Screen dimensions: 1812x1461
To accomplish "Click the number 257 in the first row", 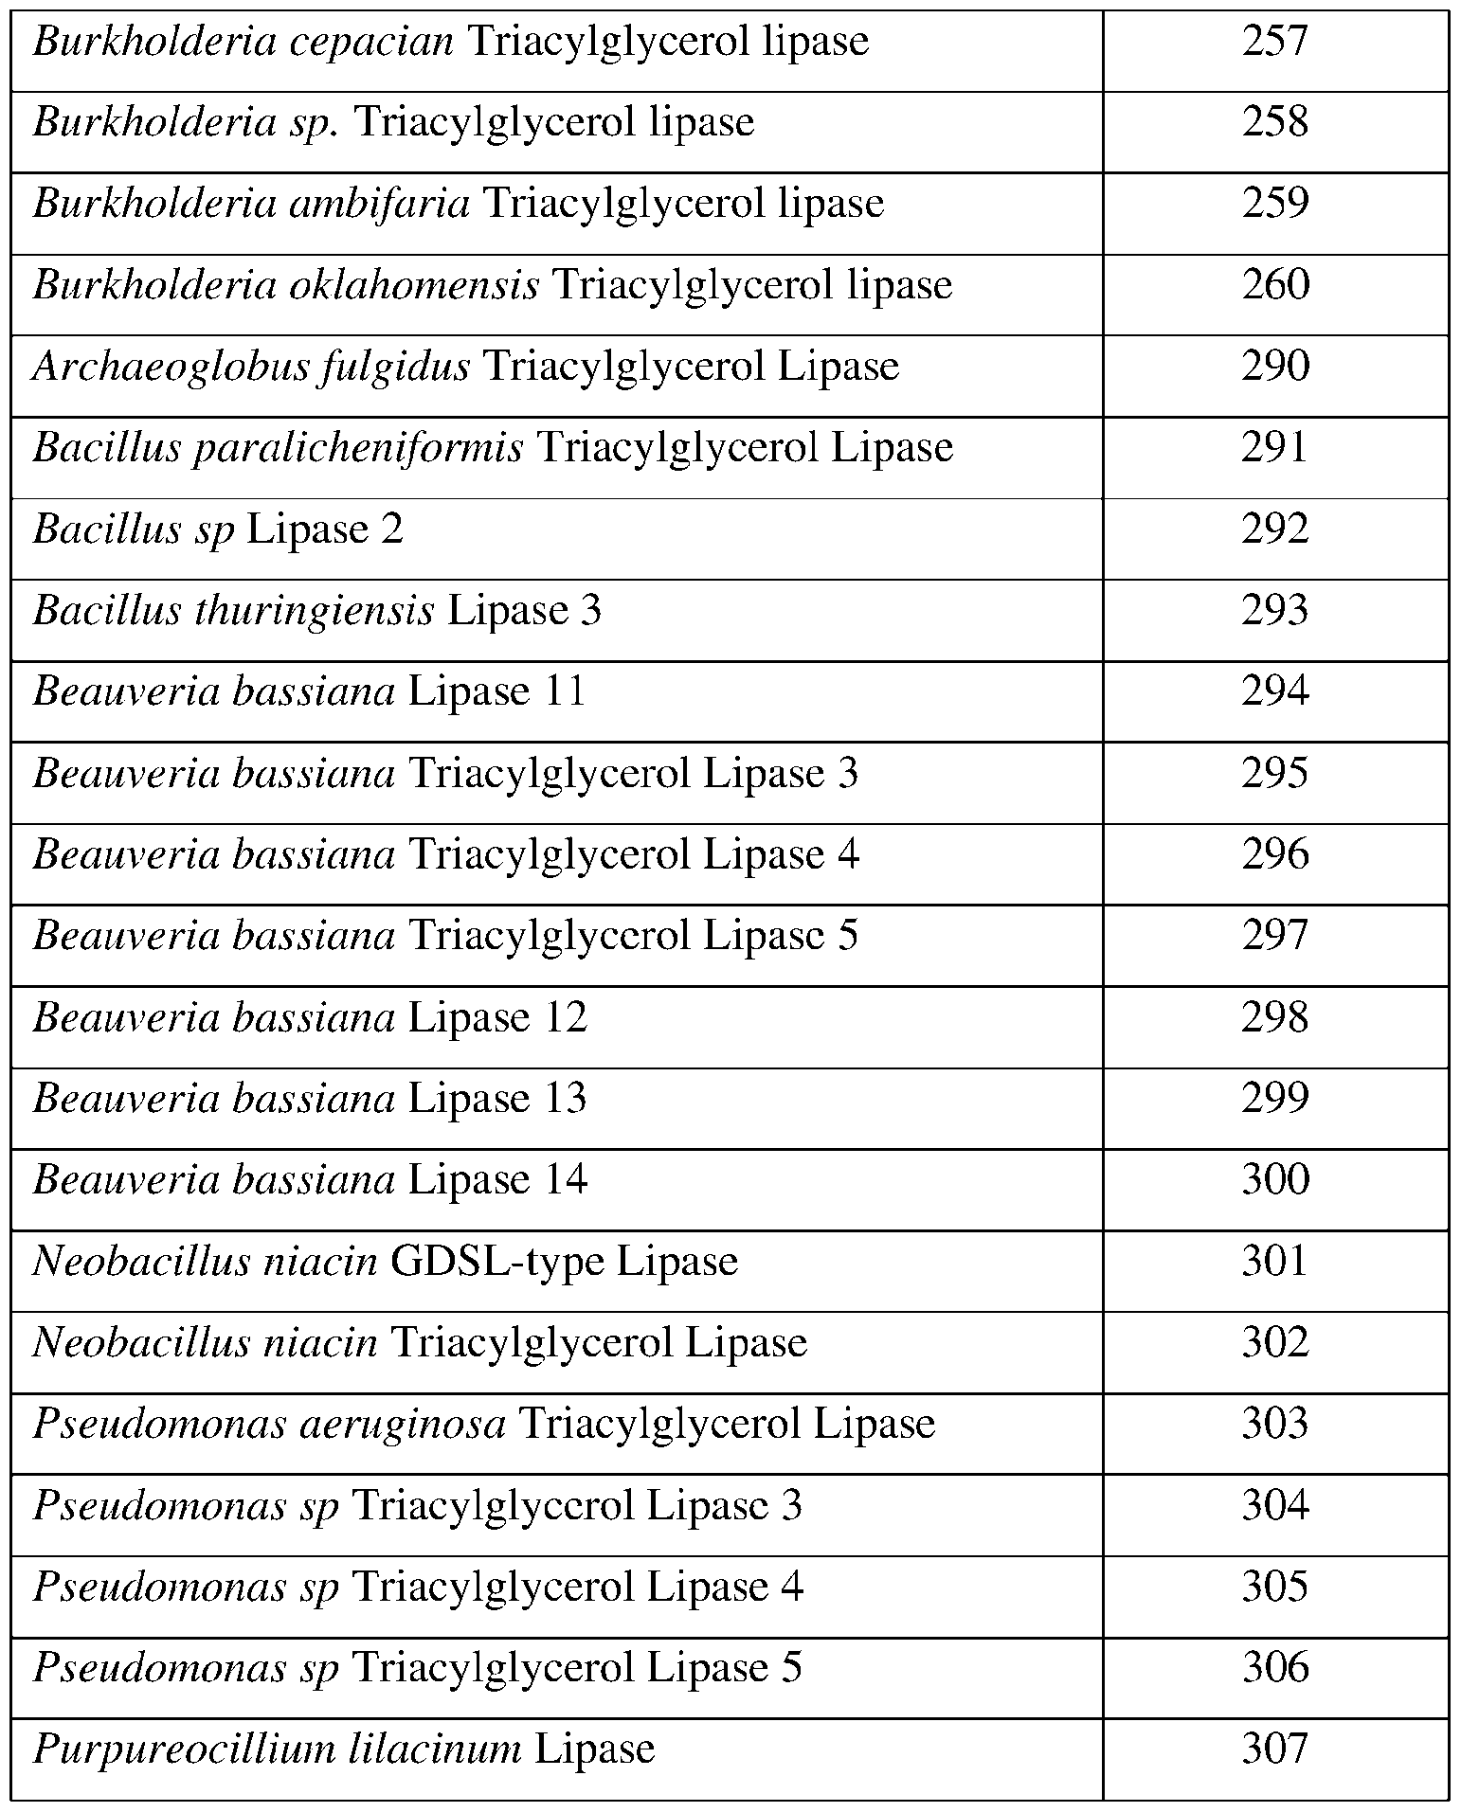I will click(1274, 42).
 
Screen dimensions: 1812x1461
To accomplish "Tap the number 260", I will click(1275, 285).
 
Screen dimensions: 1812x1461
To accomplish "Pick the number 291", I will click(1274, 448).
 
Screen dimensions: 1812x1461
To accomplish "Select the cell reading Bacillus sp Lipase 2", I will click(219, 529).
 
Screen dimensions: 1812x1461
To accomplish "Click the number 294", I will click(1275, 691).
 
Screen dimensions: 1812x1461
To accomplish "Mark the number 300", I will click(1275, 1180).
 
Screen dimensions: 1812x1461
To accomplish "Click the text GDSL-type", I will click(497, 1262).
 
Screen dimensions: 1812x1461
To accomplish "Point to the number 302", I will click(1275, 1343).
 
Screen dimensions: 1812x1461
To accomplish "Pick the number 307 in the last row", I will click(1274, 1749).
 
